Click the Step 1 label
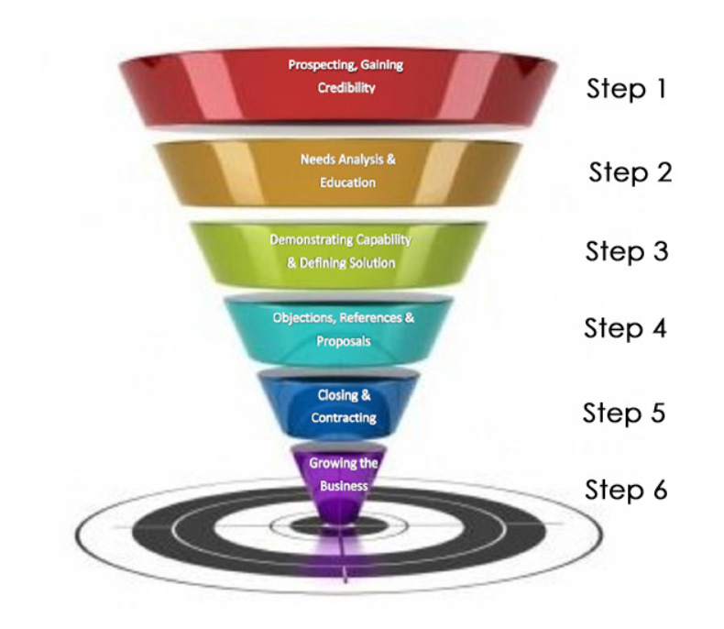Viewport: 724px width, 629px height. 627,91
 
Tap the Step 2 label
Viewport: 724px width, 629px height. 630,171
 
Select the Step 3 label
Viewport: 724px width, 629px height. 627,251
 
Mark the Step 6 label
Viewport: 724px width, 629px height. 626,490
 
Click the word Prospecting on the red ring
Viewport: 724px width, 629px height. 319,66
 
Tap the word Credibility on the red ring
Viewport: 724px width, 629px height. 346,89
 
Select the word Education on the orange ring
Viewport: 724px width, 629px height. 347,182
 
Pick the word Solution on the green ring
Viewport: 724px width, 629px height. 367,262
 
